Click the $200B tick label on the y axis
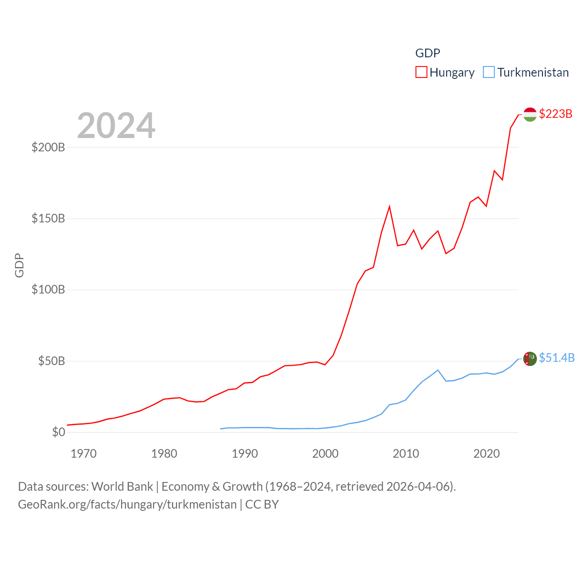coord(48,147)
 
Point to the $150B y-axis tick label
coord(48,218)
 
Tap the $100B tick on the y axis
coord(48,289)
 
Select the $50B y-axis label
coord(51,361)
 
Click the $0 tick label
coord(59,432)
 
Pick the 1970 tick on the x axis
coord(83,454)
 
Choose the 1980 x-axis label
coord(164,454)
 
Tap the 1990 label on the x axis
coord(245,454)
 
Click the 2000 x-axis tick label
coord(325,454)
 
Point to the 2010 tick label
coord(406,454)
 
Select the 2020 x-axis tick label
coord(487,454)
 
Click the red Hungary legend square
coord(421,72)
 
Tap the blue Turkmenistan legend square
coord(489,72)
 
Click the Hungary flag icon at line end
coord(530,114)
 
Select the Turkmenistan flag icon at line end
coord(530,359)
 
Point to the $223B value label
coord(556,114)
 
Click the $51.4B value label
coord(557,358)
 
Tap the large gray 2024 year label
coord(116,126)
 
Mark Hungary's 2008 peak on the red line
coord(389,207)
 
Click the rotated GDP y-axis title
coord(19,265)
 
